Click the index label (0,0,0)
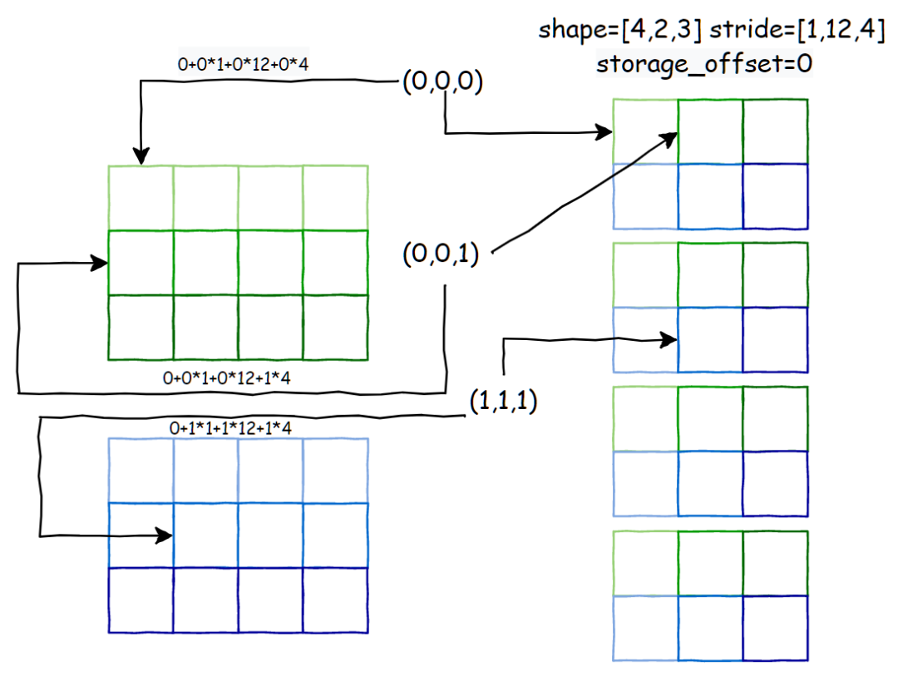click(x=442, y=82)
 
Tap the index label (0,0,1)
click(x=441, y=255)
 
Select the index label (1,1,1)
click(x=502, y=402)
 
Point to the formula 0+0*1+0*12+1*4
click(x=233, y=378)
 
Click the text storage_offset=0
click(x=703, y=65)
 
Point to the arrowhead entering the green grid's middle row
click(x=101, y=264)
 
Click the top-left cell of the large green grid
click(x=141, y=198)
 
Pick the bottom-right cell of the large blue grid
click(x=335, y=600)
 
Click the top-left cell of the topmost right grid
click(x=645, y=131)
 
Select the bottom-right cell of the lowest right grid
click(x=775, y=628)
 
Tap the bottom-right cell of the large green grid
click(x=335, y=328)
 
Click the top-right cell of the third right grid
click(x=775, y=418)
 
